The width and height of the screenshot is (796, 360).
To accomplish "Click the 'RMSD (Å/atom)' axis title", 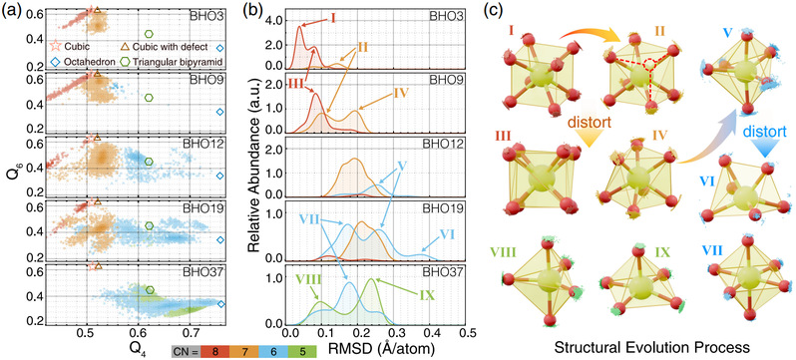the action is tap(376, 349).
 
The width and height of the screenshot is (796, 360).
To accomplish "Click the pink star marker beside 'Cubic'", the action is tap(55, 47).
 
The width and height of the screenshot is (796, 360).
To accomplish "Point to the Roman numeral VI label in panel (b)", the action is tap(446, 234).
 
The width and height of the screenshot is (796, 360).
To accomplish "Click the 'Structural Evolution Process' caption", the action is tap(652, 348).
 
